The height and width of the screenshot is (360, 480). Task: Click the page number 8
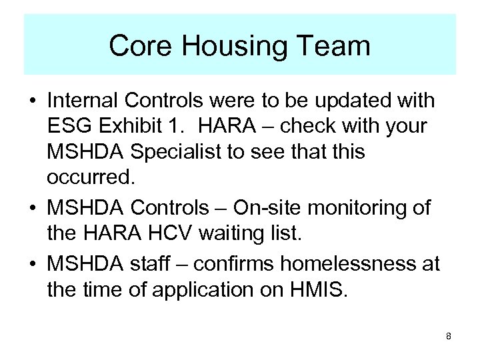point(449,336)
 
